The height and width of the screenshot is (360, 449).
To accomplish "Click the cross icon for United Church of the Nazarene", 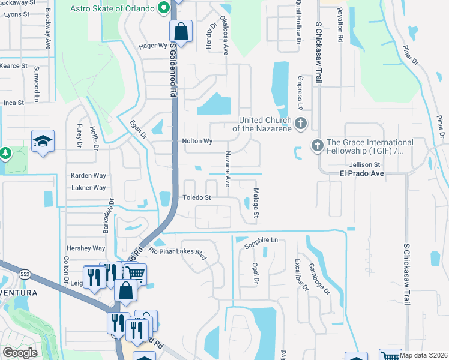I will pos(301,124).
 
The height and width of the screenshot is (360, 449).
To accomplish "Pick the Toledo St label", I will pos(197,197).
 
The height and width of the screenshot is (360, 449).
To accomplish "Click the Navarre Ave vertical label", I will pos(228,169).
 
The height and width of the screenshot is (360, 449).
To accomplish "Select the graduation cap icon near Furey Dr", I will pos(43,141).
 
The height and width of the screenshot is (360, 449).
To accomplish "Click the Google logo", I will pos(20,353).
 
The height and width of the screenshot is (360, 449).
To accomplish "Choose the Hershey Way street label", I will pos(86,248).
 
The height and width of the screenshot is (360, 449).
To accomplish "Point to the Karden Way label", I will pos(88,176).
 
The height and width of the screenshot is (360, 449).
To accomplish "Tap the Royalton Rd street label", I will pos(340,25).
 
